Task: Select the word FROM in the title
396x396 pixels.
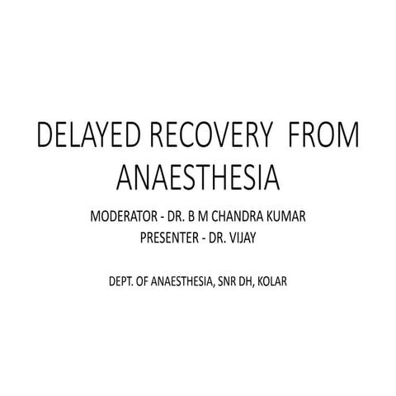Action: click(x=326, y=139)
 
